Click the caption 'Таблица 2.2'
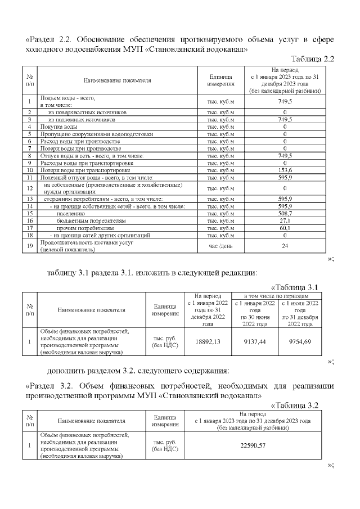click(x=313, y=59)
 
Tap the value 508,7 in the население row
click(x=285, y=214)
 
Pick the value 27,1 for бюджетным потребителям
click(x=285, y=221)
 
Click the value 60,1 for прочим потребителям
click(x=285, y=228)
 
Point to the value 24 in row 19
click(x=285, y=246)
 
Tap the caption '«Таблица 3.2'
click(x=303, y=405)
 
